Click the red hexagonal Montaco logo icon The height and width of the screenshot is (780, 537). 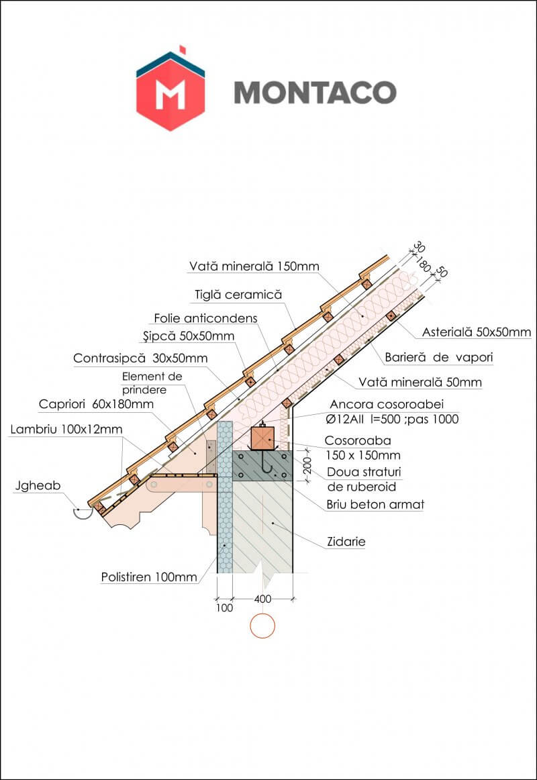click(170, 92)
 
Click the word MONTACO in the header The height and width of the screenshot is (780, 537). click(315, 93)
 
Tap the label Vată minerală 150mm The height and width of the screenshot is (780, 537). click(254, 266)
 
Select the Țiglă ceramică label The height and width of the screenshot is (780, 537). click(238, 294)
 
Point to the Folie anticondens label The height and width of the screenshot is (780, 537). click(205, 318)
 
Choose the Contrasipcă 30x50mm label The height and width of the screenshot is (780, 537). click(140, 358)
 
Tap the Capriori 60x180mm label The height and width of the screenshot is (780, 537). click(97, 404)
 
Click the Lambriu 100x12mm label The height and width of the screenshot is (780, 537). click(62, 428)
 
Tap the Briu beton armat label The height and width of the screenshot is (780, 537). click(375, 504)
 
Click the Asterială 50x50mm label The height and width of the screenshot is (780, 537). click(477, 332)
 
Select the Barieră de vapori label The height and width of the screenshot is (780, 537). click(439, 358)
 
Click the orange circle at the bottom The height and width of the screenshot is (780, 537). click(262, 626)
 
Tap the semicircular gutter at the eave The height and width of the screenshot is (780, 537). click(83, 512)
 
